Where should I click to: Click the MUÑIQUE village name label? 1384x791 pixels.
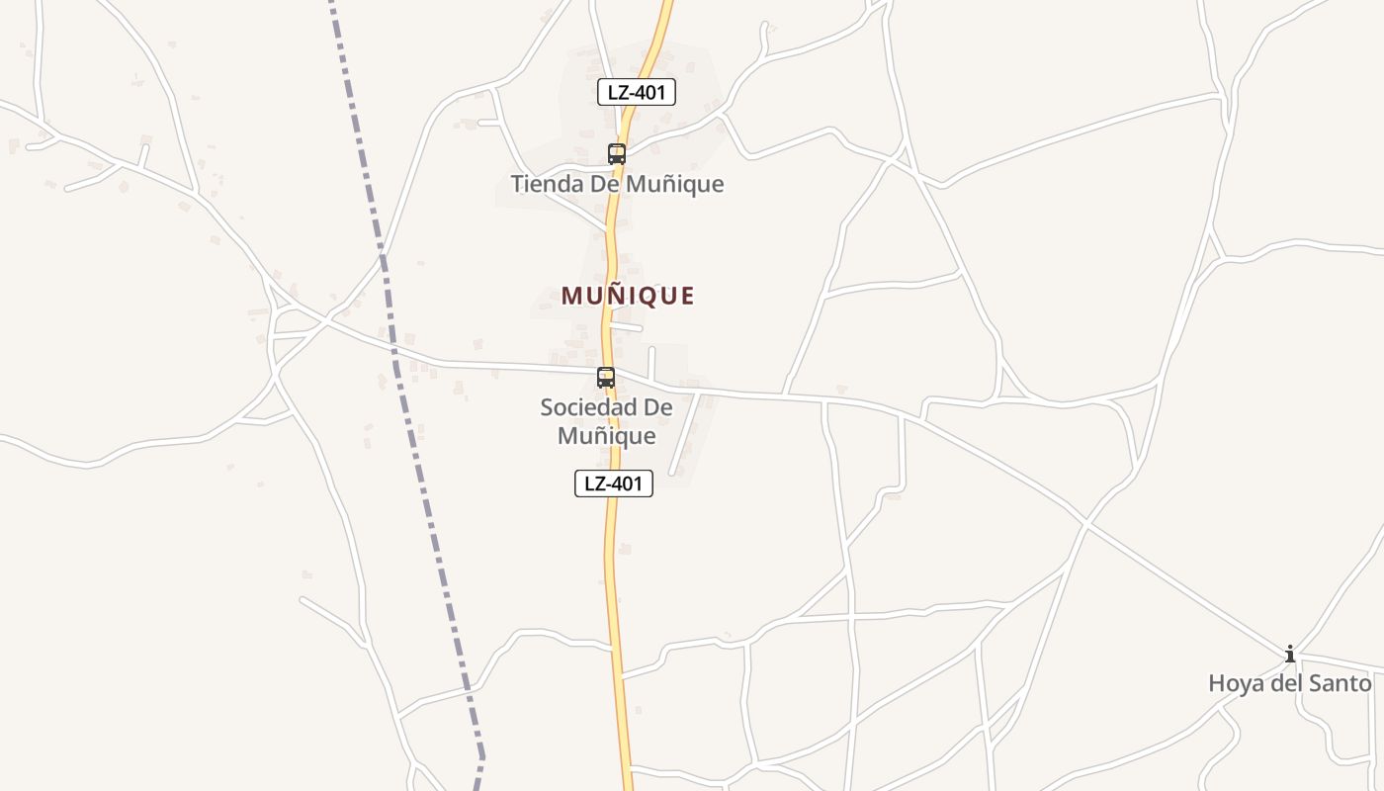pos(628,296)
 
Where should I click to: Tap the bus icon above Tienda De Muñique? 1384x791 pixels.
pos(617,154)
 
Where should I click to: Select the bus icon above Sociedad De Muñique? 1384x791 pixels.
pos(606,378)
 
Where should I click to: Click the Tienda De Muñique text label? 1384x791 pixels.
pos(617,184)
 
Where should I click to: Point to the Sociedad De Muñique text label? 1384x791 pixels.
pos(606,421)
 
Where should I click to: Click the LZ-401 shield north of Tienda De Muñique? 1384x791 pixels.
pos(637,93)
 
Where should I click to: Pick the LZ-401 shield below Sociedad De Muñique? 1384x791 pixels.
pos(614,483)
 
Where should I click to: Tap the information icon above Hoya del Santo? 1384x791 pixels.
pos(1290,654)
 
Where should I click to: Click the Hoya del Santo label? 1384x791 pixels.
pos(1290,683)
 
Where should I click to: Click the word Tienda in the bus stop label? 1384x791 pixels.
pos(545,184)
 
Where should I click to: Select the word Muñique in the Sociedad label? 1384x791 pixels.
pos(606,436)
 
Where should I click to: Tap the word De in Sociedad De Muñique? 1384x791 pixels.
pos(658,407)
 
